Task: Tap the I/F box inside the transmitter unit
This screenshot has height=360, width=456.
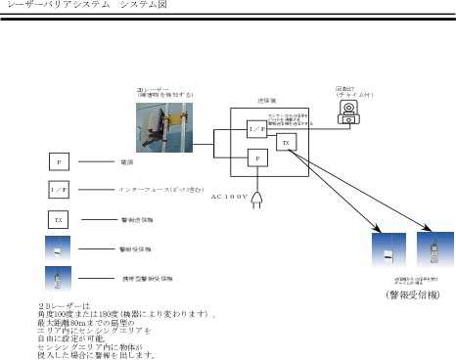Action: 255,129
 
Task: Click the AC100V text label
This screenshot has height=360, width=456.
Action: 230,196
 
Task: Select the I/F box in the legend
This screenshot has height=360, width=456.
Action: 58,189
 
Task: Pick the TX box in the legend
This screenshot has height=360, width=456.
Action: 58,219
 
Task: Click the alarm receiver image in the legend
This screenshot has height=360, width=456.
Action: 58,248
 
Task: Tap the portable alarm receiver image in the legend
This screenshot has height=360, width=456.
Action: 58,278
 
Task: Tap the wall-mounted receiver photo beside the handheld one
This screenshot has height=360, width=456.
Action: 388,250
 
